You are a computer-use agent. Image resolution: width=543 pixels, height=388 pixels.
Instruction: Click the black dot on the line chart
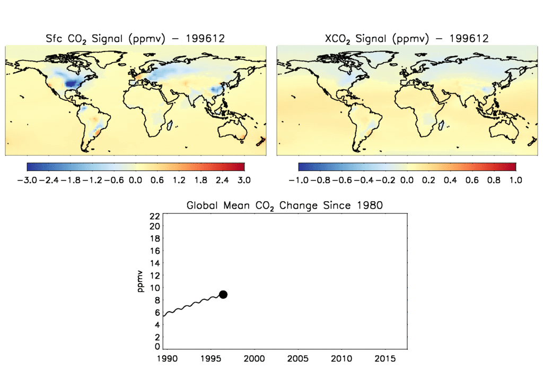point(223,295)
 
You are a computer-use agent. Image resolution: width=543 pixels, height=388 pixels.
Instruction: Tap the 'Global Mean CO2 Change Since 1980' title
point(284,205)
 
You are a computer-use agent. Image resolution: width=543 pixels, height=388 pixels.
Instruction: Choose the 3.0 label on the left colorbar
point(244,180)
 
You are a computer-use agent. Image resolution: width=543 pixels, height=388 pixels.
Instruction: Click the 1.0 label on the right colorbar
point(515,180)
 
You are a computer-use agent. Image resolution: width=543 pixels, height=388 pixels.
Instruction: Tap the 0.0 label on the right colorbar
point(407,180)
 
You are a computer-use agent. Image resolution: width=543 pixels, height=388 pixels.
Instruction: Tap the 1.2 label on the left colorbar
point(179,180)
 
